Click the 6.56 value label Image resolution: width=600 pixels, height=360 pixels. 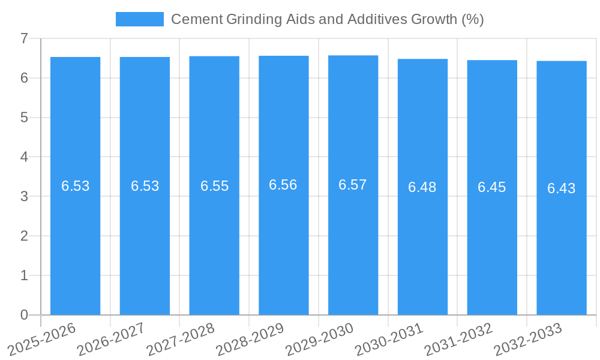pyautogui.click(x=283, y=185)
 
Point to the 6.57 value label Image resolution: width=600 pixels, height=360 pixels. pyautogui.click(x=353, y=185)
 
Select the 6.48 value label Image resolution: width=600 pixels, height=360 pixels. pyautogui.click(x=422, y=187)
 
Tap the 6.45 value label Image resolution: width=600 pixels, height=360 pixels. pyautogui.click(x=492, y=187)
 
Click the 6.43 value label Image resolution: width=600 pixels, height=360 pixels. pyautogui.click(x=561, y=188)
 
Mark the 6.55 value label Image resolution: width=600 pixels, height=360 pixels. pyautogui.click(x=214, y=186)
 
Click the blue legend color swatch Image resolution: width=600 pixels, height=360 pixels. pyautogui.click(x=139, y=19)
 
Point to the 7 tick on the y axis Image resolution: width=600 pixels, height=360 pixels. pyautogui.click(x=24, y=38)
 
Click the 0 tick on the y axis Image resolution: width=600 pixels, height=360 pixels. pyautogui.click(x=24, y=315)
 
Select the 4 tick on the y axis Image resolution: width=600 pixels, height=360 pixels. pyautogui.click(x=24, y=157)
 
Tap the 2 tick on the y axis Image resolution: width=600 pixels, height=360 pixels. pyautogui.click(x=24, y=236)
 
